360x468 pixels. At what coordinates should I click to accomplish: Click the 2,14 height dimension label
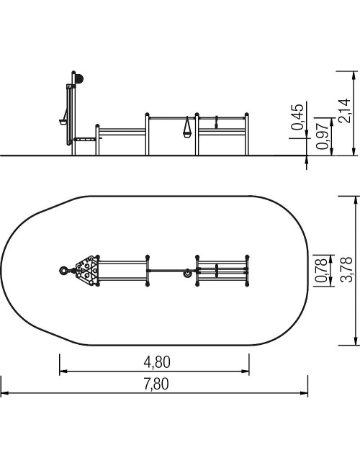(x=344, y=110)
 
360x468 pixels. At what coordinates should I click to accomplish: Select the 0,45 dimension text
(x=297, y=117)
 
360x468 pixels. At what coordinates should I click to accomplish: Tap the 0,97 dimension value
(x=323, y=136)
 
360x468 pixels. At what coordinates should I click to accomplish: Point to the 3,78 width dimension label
(x=346, y=269)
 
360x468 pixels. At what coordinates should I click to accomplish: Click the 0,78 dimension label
(x=322, y=271)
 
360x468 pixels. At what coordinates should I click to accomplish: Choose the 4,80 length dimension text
(x=157, y=362)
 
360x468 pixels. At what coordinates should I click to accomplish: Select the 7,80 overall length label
(x=156, y=384)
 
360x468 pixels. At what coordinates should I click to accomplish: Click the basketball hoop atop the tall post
(x=79, y=78)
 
